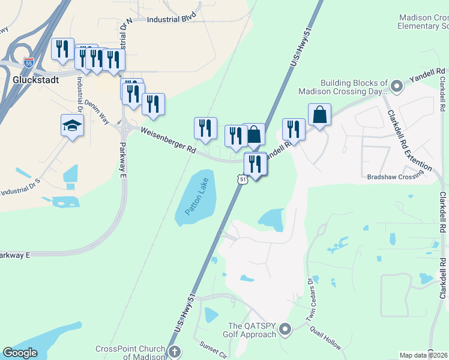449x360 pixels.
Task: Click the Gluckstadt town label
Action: coord(35,79)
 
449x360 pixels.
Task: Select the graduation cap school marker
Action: coord(72,126)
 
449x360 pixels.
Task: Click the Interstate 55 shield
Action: coord(28,61)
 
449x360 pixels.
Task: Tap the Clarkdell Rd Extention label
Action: coord(409,140)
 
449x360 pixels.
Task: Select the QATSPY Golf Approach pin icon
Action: coord(285,328)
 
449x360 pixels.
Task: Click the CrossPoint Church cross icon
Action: coord(173,352)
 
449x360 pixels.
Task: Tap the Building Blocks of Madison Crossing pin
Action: coord(396,86)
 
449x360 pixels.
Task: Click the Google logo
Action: coord(20,353)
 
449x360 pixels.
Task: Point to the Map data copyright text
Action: coord(424,355)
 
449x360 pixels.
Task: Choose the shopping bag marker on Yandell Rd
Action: coord(319,115)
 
